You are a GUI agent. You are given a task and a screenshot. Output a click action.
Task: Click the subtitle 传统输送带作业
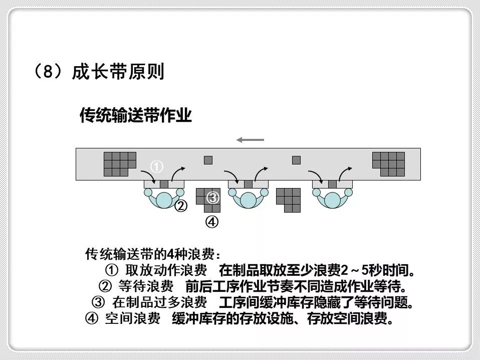(135, 116)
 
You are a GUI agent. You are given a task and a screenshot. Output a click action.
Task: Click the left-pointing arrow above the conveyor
(250, 139)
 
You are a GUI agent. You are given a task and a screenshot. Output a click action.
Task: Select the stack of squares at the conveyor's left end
(119, 163)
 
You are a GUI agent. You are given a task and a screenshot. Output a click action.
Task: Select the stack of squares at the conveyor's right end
(389, 163)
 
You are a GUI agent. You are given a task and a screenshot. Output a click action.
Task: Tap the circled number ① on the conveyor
(157, 166)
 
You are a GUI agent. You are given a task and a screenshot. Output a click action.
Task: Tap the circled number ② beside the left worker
(180, 206)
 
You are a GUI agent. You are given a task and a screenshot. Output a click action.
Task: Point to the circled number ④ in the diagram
(212, 221)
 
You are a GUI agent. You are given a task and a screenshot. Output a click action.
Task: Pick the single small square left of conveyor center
(208, 160)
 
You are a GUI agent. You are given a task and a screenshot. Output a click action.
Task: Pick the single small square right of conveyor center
(296, 160)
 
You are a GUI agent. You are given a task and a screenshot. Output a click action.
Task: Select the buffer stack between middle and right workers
(289, 200)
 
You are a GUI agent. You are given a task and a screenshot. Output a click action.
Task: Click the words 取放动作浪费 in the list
(166, 271)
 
